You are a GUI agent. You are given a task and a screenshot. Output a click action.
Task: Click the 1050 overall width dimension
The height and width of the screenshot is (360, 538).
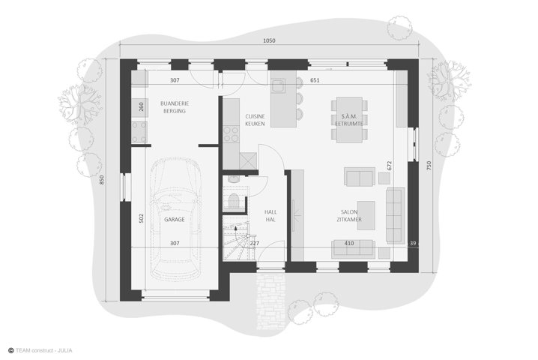[x=269, y=40]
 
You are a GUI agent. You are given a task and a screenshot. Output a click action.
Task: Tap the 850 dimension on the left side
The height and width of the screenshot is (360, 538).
[x=102, y=180]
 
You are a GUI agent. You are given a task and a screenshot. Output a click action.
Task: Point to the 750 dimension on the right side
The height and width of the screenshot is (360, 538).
[x=429, y=166]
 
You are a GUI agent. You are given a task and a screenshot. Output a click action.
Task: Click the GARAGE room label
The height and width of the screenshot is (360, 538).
[x=175, y=219]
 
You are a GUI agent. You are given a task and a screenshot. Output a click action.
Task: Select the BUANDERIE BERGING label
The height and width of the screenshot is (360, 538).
[x=175, y=106]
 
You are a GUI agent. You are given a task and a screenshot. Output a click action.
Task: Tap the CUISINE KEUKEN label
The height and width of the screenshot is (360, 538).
[x=255, y=120]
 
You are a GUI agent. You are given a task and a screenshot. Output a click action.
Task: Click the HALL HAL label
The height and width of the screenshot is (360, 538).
[x=270, y=216]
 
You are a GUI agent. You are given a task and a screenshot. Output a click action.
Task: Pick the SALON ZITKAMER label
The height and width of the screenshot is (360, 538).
[x=349, y=216]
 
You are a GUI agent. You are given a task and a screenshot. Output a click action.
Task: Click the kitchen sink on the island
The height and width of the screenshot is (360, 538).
[x=278, y=85]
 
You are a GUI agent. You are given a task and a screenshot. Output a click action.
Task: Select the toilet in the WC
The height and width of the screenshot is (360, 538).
[x=234, y=200]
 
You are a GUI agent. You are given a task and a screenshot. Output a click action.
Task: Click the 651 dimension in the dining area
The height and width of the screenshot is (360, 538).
[x=315, y=80]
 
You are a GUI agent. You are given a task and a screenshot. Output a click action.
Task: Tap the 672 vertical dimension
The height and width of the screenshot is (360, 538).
[x=389, y=166]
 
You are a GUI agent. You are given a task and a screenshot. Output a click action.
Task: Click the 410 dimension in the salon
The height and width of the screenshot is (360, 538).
[x=349, y=243]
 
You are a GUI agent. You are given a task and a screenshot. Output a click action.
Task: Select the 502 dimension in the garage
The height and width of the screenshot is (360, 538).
[x=142, y=218]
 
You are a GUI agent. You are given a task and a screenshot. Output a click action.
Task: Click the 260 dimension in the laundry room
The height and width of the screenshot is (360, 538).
[x=142, y=106]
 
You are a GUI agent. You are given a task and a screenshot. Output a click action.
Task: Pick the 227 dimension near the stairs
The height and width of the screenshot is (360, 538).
[x=255, y=243]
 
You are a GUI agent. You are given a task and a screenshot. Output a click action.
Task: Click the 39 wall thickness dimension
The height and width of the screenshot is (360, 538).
[x=413, y=243]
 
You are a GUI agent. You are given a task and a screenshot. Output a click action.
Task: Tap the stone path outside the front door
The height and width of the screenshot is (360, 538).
[x=270, y=300]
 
